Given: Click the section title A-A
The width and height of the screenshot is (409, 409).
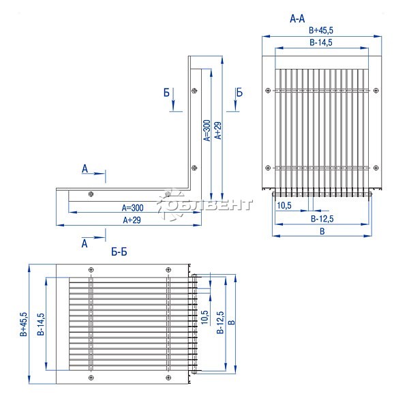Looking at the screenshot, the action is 297,19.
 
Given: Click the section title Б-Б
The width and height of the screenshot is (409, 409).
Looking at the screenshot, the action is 119,252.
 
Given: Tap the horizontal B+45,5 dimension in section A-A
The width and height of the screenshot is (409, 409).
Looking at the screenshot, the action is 321,30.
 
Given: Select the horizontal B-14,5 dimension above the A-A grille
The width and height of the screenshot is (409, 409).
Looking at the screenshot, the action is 321,42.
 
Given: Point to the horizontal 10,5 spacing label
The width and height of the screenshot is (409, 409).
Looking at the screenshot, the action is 284,206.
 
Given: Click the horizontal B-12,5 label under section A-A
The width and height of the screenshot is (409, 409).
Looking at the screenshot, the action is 322,219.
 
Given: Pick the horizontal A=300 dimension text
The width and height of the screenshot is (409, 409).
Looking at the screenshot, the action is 132,208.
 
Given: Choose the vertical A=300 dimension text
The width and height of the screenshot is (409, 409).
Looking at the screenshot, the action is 207,130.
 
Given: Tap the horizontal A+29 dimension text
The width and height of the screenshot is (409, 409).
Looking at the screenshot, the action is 132,220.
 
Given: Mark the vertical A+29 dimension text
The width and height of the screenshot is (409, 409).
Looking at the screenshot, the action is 218,130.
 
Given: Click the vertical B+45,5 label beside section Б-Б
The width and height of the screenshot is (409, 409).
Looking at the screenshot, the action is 23,324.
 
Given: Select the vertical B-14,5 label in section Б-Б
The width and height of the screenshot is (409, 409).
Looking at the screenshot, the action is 41,324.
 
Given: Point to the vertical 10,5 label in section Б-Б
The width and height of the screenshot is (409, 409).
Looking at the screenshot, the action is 204,317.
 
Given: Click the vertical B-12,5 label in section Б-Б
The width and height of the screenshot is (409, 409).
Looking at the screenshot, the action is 220,322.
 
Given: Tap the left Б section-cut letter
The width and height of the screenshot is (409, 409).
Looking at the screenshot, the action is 166,93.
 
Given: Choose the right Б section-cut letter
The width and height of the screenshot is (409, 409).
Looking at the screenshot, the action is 239,93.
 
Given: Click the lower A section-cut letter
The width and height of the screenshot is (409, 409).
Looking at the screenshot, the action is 85,243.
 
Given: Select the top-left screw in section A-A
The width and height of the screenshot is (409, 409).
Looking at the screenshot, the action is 268,91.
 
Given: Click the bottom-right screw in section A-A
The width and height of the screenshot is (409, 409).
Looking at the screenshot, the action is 376,168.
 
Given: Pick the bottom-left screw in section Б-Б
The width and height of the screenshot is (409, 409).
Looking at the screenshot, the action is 91,378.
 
